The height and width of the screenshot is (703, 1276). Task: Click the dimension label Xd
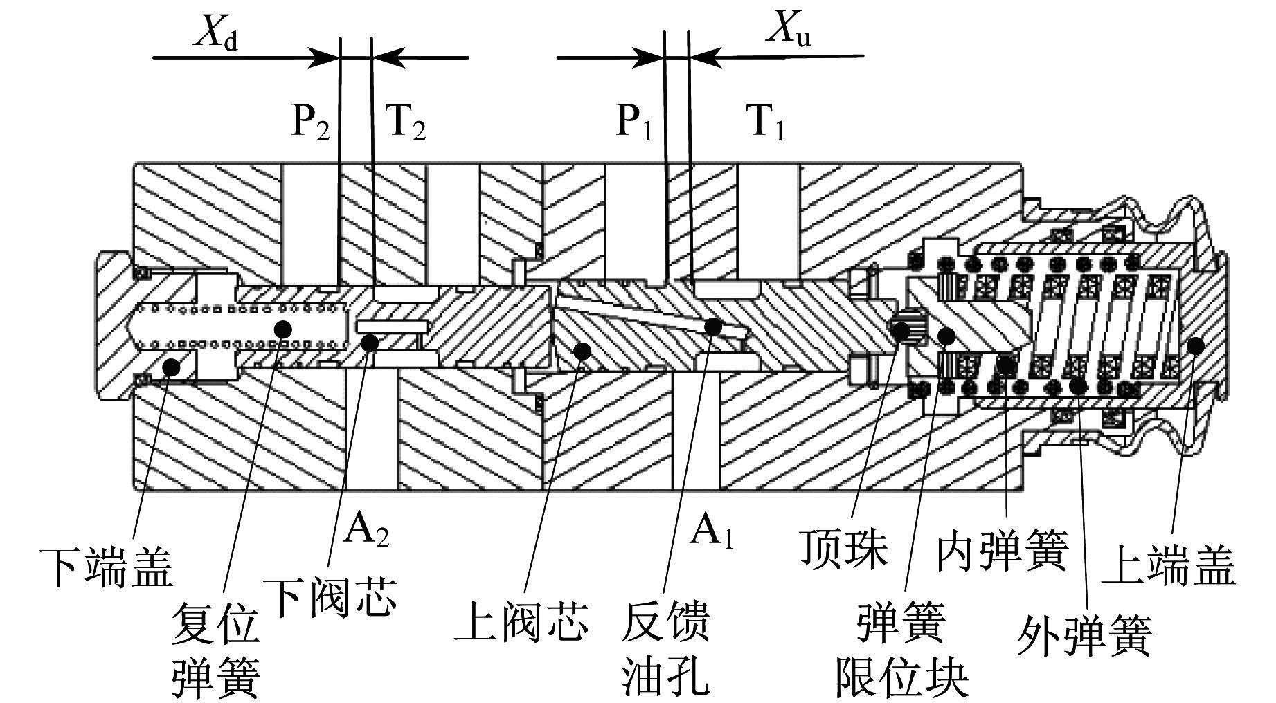(215, 32)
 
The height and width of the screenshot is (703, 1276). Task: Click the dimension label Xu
(788, 32)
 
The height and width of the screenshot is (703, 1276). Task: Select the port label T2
(405, 124)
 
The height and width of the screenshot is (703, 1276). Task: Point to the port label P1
(635, 124)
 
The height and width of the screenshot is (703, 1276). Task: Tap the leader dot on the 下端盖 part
(170, 367)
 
